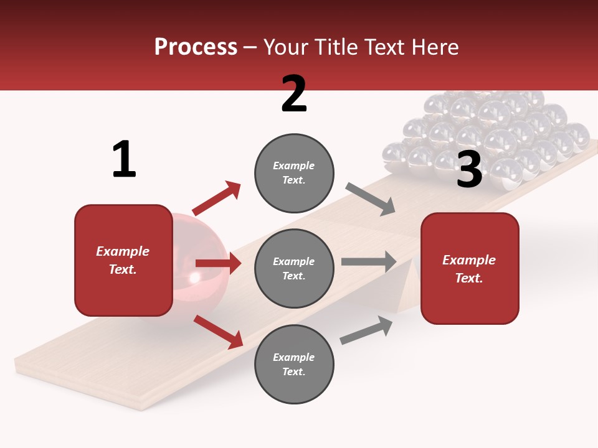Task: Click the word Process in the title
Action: coord(196,47)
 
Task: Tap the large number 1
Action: coord(124,159)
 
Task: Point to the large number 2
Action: coord(294,94)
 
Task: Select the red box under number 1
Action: coord(123,260)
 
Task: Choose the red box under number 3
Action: coord(470,268)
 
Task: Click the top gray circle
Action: coord(294,172)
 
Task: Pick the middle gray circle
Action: coord(294,268)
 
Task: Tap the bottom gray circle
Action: coord(294,364)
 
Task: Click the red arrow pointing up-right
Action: coord(217,198)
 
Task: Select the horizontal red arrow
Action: coord(218,263)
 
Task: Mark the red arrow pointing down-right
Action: coord(218,331)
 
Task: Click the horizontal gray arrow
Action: coord(369,261)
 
